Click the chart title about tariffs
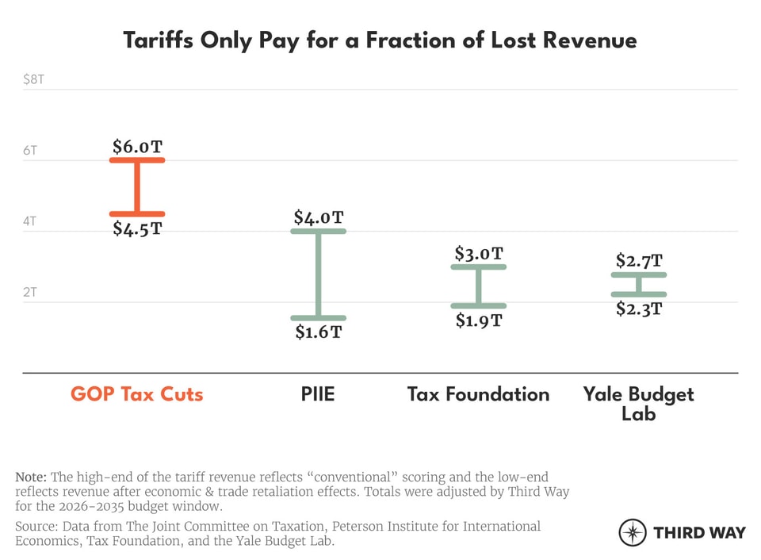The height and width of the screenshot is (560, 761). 380,40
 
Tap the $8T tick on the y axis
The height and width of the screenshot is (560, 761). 33,79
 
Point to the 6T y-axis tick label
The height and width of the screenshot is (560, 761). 29,149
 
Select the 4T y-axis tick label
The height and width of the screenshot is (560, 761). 29,221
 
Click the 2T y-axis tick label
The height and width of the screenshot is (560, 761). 29,292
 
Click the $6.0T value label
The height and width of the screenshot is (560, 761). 137,147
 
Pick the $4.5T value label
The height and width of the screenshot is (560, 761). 136,229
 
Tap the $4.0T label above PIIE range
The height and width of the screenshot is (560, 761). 319,217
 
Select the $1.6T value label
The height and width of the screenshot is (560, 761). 319,332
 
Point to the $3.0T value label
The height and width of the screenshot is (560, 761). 479,254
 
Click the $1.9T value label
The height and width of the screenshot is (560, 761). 479,320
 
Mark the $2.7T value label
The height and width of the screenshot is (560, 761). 639,261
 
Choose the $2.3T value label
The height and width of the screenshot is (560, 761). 639,309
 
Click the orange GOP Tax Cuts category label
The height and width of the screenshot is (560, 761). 136,394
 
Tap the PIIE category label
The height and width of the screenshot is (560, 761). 319,394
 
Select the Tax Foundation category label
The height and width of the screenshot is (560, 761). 478,394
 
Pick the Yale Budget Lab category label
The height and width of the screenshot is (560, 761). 639,403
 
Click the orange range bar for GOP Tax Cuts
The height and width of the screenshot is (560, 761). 136,187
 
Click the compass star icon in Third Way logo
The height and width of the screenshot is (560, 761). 632,532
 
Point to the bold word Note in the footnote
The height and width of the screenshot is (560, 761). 32,478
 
